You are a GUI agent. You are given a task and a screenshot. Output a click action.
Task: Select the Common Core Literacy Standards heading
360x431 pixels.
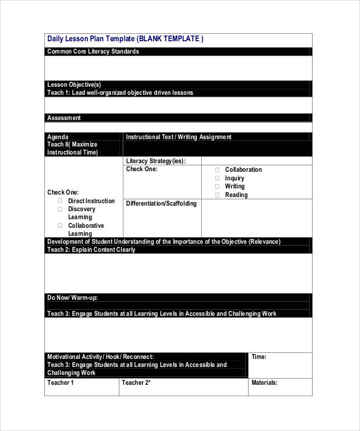93,52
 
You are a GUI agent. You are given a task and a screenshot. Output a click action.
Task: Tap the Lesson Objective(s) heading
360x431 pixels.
74,84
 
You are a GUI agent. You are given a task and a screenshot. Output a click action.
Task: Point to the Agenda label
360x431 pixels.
58,137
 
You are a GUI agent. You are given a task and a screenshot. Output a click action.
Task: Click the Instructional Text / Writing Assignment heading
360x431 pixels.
178,137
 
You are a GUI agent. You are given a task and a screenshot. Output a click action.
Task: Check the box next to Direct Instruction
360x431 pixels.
60,201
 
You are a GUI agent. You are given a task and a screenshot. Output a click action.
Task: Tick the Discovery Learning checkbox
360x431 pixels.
60,209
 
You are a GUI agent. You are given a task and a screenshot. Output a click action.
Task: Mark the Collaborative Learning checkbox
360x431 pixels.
60,226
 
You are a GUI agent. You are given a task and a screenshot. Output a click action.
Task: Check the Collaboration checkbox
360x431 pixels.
217,170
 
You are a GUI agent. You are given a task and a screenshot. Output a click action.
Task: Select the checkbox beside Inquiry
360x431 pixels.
217,179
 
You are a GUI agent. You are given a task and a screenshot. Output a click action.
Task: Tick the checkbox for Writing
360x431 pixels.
217,187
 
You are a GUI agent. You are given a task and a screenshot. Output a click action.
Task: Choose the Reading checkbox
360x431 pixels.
217,195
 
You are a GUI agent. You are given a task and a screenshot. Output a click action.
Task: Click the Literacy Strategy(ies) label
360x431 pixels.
155,161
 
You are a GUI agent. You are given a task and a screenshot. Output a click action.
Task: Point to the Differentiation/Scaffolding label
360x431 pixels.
161,203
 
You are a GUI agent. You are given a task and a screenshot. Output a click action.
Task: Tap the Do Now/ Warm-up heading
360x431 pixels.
73,297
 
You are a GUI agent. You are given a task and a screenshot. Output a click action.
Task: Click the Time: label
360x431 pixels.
258,356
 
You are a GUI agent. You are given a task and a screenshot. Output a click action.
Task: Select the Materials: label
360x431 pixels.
264,382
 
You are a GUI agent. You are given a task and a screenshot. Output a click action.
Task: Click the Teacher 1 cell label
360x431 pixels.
60,382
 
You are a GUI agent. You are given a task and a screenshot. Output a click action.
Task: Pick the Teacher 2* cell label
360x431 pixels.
136,382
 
